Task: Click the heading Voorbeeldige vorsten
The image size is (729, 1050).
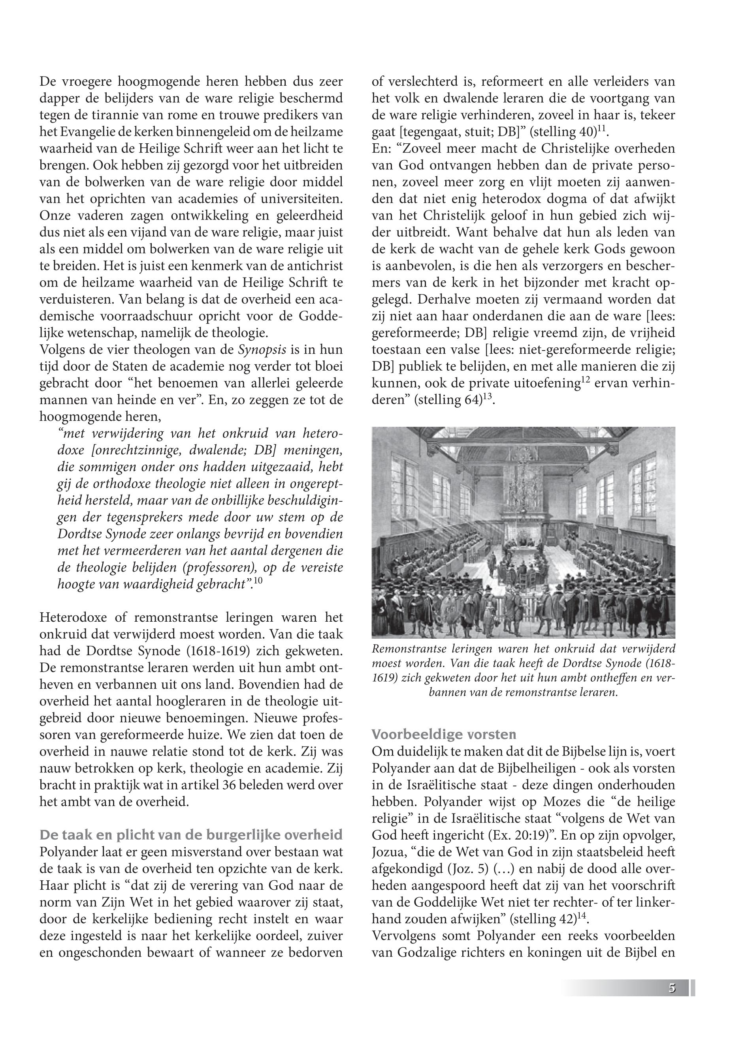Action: [444, 735]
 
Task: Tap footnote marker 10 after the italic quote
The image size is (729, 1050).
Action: [258, 581]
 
